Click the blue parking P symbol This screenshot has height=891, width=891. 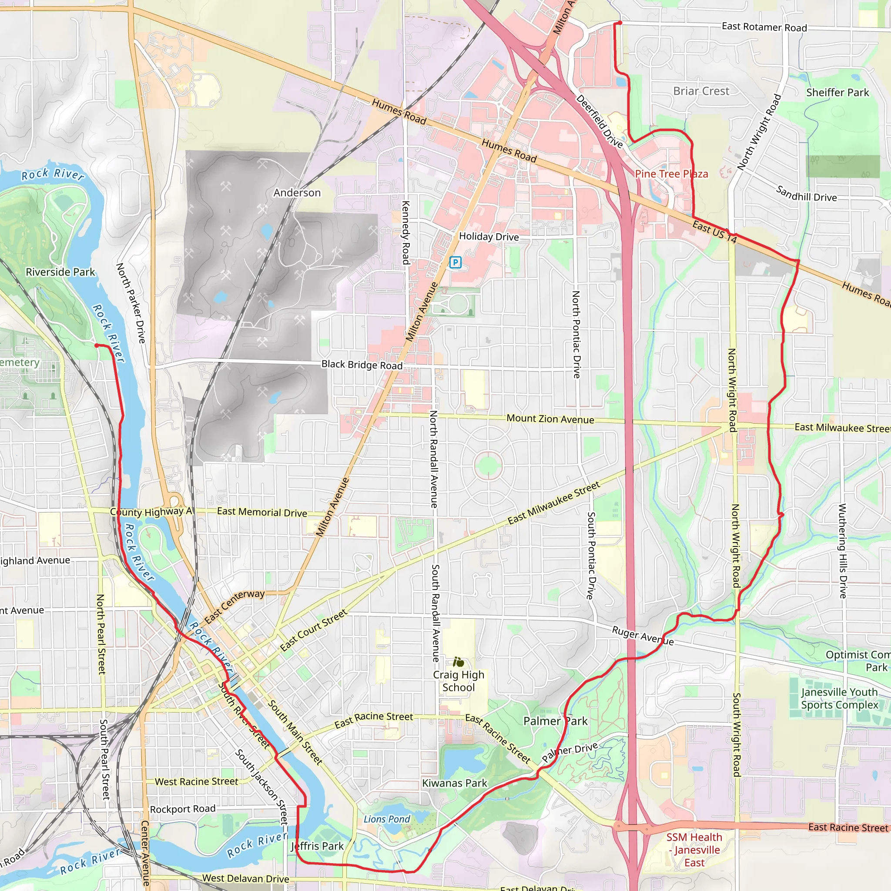[455, 262]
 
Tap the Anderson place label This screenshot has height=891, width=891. [297, 193]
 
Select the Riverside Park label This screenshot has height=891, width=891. [60, 272]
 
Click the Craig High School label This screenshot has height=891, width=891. [459, 681]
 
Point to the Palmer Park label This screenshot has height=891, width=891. [555, 721]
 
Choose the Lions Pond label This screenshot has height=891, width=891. [386, 819]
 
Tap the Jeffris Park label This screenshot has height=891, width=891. [317, 846]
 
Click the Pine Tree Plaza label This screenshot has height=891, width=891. [671, 174]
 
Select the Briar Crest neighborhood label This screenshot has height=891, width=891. [701, 91]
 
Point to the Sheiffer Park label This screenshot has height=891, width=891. [837, 93]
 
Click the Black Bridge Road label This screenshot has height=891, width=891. [362, 365]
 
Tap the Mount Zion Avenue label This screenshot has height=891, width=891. [550, 419]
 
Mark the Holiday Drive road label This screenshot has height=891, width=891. [489, 237]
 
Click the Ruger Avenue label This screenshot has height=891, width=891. [643, 636]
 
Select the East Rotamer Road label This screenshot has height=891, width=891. [764, 27]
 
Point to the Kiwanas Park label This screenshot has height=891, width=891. [455, 783]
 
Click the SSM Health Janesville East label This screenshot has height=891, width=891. [694, 850]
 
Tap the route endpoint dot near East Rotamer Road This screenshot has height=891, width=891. [620, 23]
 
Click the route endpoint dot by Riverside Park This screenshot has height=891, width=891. [97, 345]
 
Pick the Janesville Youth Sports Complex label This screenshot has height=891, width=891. [839, 698]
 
